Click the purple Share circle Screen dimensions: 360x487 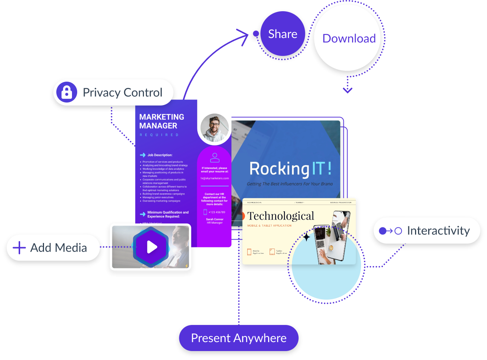click(x=283, y=34)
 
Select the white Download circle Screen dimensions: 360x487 click(x=349, y=38)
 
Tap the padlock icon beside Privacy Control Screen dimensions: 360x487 click(x=67, y=92)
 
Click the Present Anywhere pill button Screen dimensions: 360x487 click(x=239, y=338)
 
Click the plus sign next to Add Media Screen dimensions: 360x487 click(x=19, y=248)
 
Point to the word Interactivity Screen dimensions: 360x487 click(x=438, y=231)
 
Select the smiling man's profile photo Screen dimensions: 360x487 click(x=214, y=128)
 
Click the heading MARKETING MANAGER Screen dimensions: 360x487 click(x=161, y=121)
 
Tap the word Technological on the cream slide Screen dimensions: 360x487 click(x=281, y=216)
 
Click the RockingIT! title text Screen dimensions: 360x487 click(x=290, y=169)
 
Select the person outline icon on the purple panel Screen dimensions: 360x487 click(x=215, y=158)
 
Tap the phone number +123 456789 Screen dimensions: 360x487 click(x=217, y=212)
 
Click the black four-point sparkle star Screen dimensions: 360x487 click(x=307, y=237)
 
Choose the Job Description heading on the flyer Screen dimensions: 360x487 click(x=160, y=155)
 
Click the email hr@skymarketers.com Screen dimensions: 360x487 click(x=215, y=179)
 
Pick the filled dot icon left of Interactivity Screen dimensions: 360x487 click(x=383, y=231)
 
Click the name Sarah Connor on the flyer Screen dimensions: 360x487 click(x=215, y=220)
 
